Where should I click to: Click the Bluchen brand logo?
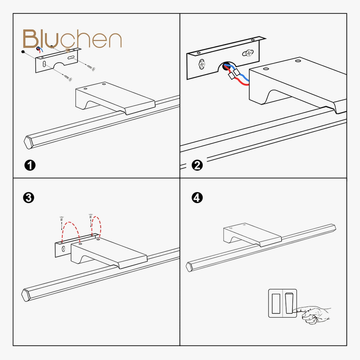click(72, 39)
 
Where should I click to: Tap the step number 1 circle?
click(30, 165)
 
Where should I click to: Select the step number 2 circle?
click(197, 165)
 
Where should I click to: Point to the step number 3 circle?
click(29, 198)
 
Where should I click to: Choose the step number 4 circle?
click(197, 198)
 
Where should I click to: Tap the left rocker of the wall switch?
click(276, 303)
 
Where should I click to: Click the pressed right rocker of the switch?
click(289, 303)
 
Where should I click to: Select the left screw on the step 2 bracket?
click(202, 64)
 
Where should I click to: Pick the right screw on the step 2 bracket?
click(248, 53)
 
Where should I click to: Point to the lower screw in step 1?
click(68, 78)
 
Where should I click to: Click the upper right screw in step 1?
click(91, 67)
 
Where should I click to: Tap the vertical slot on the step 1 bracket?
click(44, 64)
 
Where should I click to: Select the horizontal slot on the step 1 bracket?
click(71, 58)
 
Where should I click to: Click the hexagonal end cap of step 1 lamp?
click(28, 142)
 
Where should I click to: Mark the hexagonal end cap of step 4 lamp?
click(189, 267)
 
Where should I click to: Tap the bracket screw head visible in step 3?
click(63, 249)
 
